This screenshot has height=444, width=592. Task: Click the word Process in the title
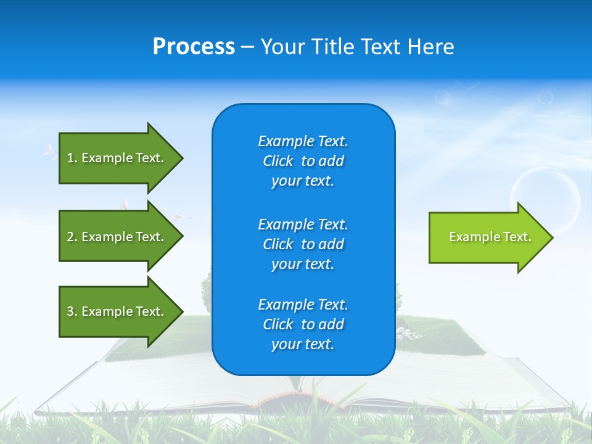click(194, 47)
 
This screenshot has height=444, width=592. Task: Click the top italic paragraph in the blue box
click(303, 161)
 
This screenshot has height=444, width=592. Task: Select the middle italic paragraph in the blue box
click(303, 244)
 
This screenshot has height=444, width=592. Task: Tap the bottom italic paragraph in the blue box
click(303, 324)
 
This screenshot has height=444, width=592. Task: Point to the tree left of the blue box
click(206, 287)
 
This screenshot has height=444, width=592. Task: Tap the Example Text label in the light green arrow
click(490, 237)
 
